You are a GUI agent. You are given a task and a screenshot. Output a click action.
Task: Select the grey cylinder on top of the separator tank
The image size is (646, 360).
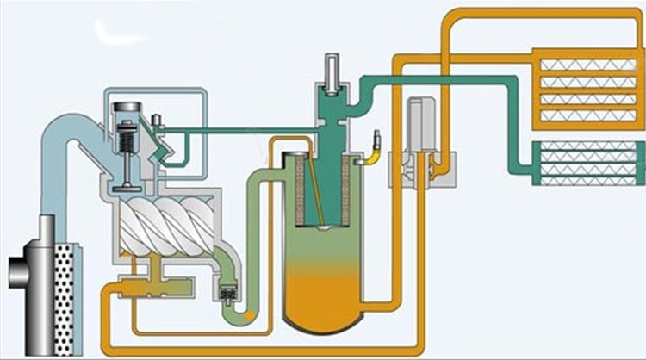point(332,70)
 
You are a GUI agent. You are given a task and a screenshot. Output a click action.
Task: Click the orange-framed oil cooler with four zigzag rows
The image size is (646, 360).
point(585,85)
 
